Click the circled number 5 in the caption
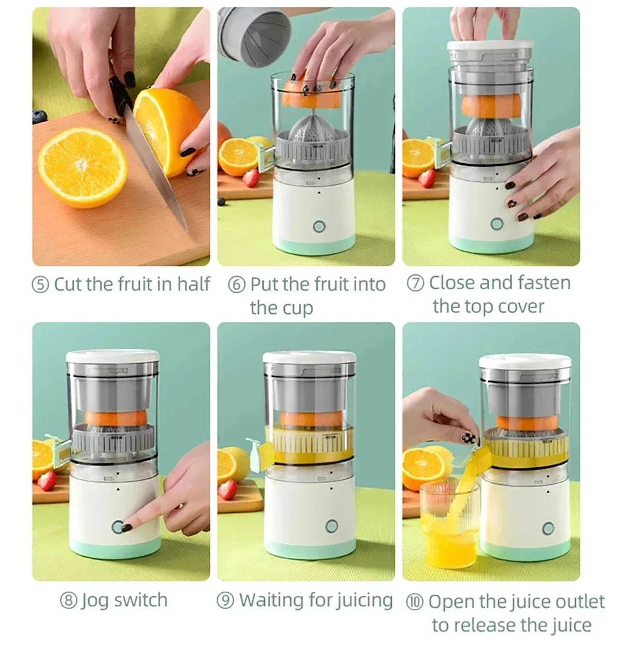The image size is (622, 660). [x=41, y=284]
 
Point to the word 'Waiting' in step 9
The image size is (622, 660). [x=271, y=600]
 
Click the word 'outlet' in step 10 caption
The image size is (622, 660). [x=580, y=601]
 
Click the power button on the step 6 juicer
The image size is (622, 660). [x=319, y=226]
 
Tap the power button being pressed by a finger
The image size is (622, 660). [x=119, y=527]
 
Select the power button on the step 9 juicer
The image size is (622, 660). [x=331, y=527]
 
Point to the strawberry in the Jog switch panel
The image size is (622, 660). [x=47, y=480]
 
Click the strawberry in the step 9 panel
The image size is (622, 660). [x=227, y=490]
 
